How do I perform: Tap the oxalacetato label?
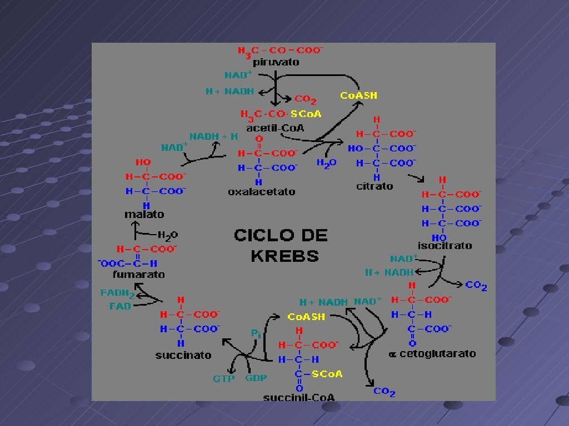click(x=261, y=192)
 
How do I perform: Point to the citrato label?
click(x=374, y=186)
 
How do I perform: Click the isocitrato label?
click(x=445, y=245)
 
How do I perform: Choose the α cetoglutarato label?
click(x=432, y=353)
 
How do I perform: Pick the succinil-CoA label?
click(x=299, y=397)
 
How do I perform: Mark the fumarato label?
click(x=138, y=274)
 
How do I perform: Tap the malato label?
click(x=144, y=214)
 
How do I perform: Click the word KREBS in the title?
click(x=284, y=256)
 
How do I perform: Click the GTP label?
click(x=224, y=379)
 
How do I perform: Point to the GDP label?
click(x=256, y=378)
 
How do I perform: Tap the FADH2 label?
click(x=118, y=293)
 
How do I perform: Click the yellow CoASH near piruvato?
click(x=358, y=95)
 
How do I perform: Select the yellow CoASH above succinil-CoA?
click(x=306, y=317)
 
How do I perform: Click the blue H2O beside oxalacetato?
click(x=326, y=164)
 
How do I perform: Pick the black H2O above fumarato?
click(x=168, y=235)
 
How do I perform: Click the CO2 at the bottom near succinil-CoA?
click(x=384, y=392)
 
